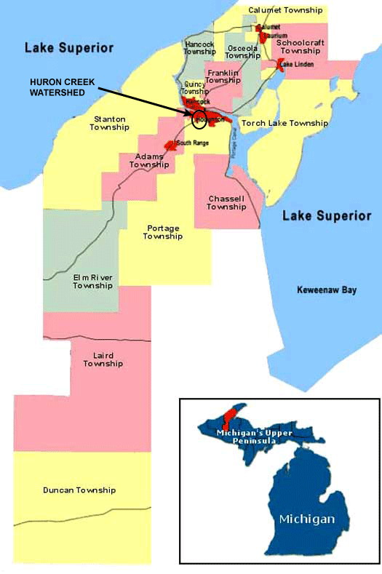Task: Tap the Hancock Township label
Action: (199, 48)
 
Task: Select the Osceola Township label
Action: (242, 52)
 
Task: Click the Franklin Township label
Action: (223, 76)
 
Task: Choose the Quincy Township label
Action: (194, 88)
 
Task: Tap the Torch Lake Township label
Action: (284, 124)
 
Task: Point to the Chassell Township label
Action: (226, 202)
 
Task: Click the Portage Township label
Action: (162, 232)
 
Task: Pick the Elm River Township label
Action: (92, 282)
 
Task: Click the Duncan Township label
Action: (79, 490)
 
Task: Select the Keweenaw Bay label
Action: (327, 290)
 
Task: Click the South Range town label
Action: (192, 143)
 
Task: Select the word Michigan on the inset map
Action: (306, 519)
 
